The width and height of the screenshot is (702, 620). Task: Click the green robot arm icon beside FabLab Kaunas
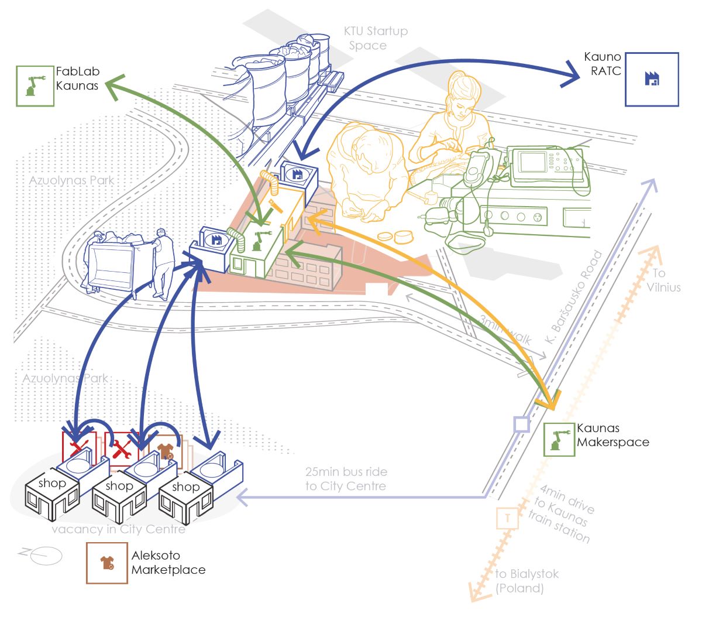tap(35, 85)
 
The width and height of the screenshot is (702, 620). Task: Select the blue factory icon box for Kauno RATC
tap(652, 79)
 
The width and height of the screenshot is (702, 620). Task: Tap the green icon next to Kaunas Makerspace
tap(560, 439)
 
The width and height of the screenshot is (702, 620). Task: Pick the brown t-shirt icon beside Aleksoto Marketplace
tap(107, 563)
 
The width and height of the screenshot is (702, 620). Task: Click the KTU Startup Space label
tap(375, 38)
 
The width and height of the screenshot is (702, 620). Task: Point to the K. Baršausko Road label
tap(574, 299)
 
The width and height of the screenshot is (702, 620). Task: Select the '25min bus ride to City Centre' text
tap(346, 479)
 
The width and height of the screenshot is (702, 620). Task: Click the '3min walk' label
tap(506, 331)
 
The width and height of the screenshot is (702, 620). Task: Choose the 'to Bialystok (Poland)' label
tap(526, 581)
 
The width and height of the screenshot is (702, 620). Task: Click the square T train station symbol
tap(507, 518)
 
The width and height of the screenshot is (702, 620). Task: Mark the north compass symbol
tap(41, 554)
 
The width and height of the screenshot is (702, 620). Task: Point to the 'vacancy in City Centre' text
tap(119, 529)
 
